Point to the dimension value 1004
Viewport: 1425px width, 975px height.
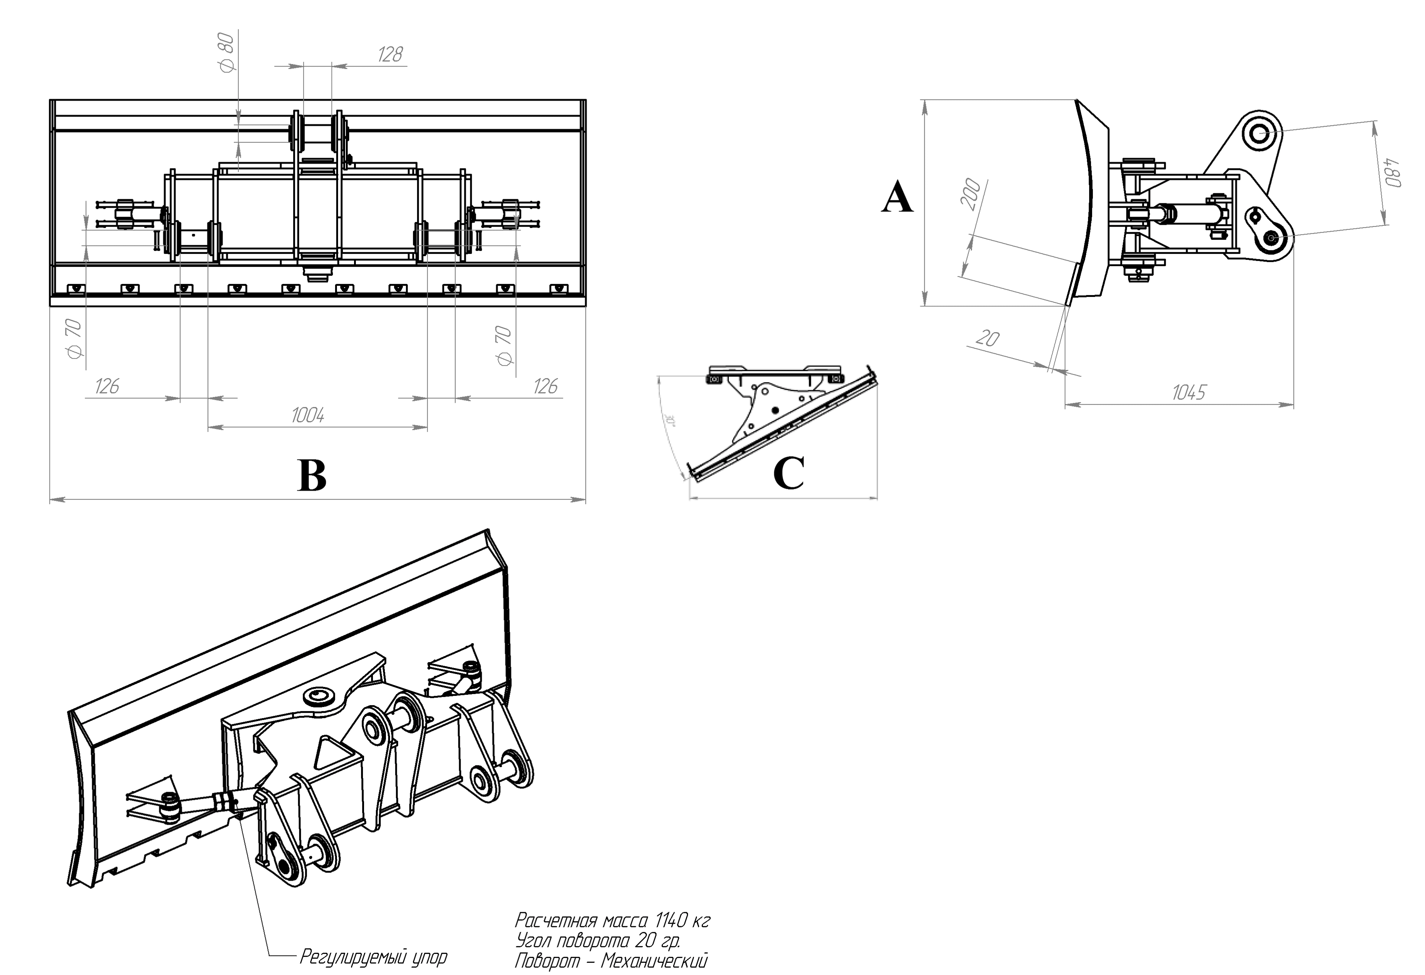click(x=307, y=416)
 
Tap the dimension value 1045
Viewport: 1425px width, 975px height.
click(x=1188, y=392)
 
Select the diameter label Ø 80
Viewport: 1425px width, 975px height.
click(x=226, y=53)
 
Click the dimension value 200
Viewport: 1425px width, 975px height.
click(x=972, y=194)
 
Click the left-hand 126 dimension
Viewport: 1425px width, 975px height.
click(x=107, y=386)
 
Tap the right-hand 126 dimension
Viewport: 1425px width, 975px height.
click(x=545, y=386)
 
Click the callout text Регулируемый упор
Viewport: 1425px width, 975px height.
click(x=373, y=956)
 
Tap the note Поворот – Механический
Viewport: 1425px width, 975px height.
click(x=611, y=960)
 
